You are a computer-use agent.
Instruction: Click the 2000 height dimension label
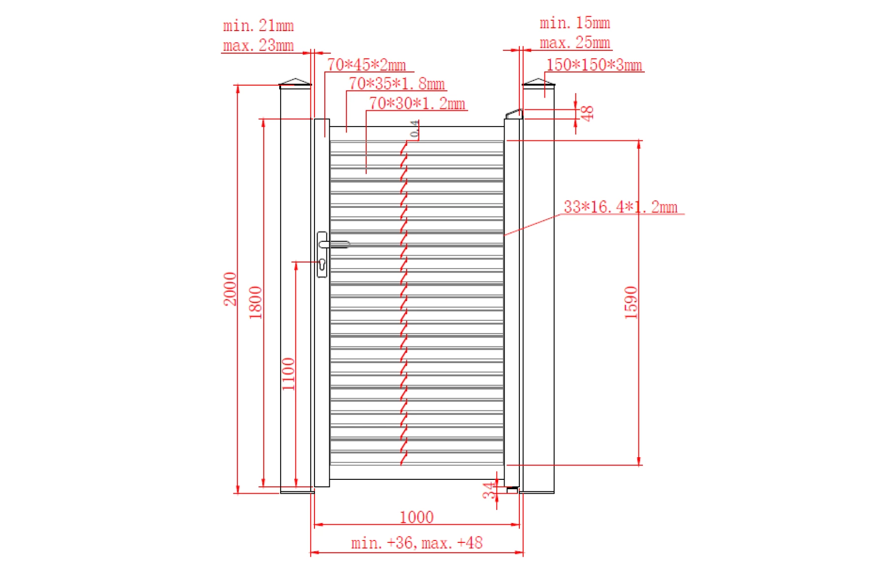coord(230,289)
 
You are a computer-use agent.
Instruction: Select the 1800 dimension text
coord(255,303)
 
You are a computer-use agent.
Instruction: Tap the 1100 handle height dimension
coord(288,374)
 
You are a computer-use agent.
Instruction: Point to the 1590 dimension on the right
coord(631,303)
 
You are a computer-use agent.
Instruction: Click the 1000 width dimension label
coord(416,517)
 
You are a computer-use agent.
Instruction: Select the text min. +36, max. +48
coord(416,543)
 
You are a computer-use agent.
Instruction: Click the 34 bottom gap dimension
coord(488,490)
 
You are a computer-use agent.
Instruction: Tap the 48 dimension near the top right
coord(587,113)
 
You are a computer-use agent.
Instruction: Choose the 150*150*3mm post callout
coord(594,65)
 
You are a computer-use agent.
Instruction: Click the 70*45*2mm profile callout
coord(367,65)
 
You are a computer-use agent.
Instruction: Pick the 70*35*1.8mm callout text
coord(397,84)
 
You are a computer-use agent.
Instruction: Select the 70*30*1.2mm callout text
coord(417,103)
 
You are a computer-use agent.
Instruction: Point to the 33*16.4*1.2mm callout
coord(620,207)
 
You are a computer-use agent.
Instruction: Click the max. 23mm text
coord(258,45)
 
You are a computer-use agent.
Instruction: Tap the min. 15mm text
coord(574,23)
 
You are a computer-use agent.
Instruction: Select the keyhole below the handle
coord(322,265)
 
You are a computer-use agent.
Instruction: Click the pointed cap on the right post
coord(538,82)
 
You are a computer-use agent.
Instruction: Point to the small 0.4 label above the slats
coord(415,129)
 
